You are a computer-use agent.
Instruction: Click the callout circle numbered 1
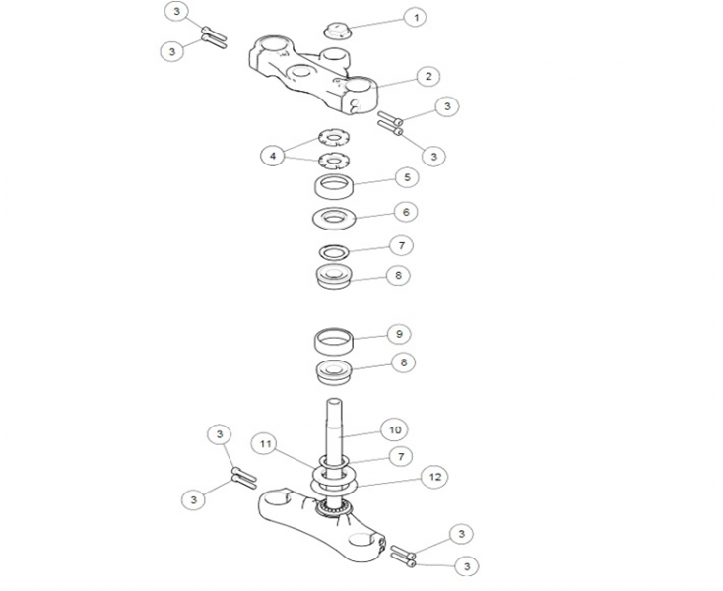416,18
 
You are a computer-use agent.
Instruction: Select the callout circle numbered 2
427,75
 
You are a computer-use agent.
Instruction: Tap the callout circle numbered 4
272,155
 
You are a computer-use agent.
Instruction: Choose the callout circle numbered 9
398,334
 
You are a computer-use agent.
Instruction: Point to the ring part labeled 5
335,185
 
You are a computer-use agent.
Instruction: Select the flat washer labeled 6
334,218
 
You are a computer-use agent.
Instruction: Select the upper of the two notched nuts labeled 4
335,136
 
